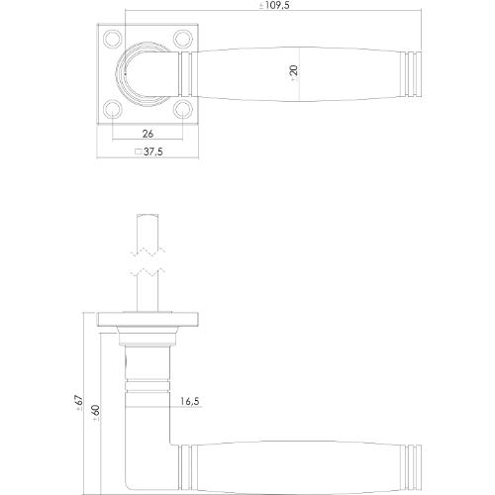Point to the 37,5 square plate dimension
click(x=151, y=153)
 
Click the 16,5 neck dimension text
click(x=189, y=402)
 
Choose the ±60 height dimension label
click(x=94, y=415)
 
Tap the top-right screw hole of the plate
click(x=180, y=40)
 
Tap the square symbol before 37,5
click(x=137, y=153)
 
